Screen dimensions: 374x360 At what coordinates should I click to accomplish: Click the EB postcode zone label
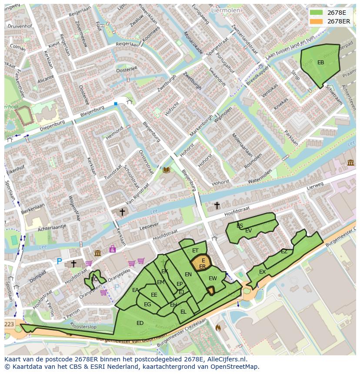click(x=320, y=63)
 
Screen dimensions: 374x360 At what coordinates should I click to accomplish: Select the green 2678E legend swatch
click(x=317, y=13)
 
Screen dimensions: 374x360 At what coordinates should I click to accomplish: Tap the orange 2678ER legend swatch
click(x=317, y=21)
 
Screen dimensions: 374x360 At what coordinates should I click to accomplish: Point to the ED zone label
click(x=140, y=323)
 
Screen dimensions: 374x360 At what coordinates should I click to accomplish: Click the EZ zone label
click(x=284, y=252)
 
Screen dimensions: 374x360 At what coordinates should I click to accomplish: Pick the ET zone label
click(x=195, y=251)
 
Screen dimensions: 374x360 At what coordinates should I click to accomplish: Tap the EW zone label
click(x=213, y=278)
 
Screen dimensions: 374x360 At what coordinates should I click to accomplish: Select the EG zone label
click(x=147, y=304)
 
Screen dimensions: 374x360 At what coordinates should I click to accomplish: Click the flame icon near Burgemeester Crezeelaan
click(x=218, y=328)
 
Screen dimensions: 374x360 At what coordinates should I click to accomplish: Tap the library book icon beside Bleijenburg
click(x=166, y=170)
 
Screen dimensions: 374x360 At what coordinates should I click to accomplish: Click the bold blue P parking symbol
click(x=59, y=261)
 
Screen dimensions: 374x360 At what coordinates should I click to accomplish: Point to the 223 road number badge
click(x=9, y=324)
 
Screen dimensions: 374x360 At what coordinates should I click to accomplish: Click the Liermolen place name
click(x=225, y=9)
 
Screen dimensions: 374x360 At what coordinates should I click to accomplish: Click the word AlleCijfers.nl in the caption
click(x=226, y=359)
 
